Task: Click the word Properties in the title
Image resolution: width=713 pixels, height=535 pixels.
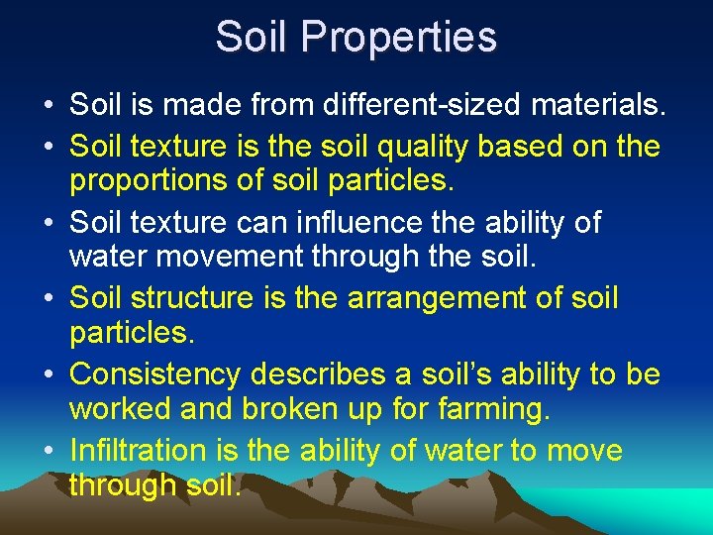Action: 400,38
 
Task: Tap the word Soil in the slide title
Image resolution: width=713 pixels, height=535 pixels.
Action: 254,38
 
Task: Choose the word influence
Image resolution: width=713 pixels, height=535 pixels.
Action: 352,222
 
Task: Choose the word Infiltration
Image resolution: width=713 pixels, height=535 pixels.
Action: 139,451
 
